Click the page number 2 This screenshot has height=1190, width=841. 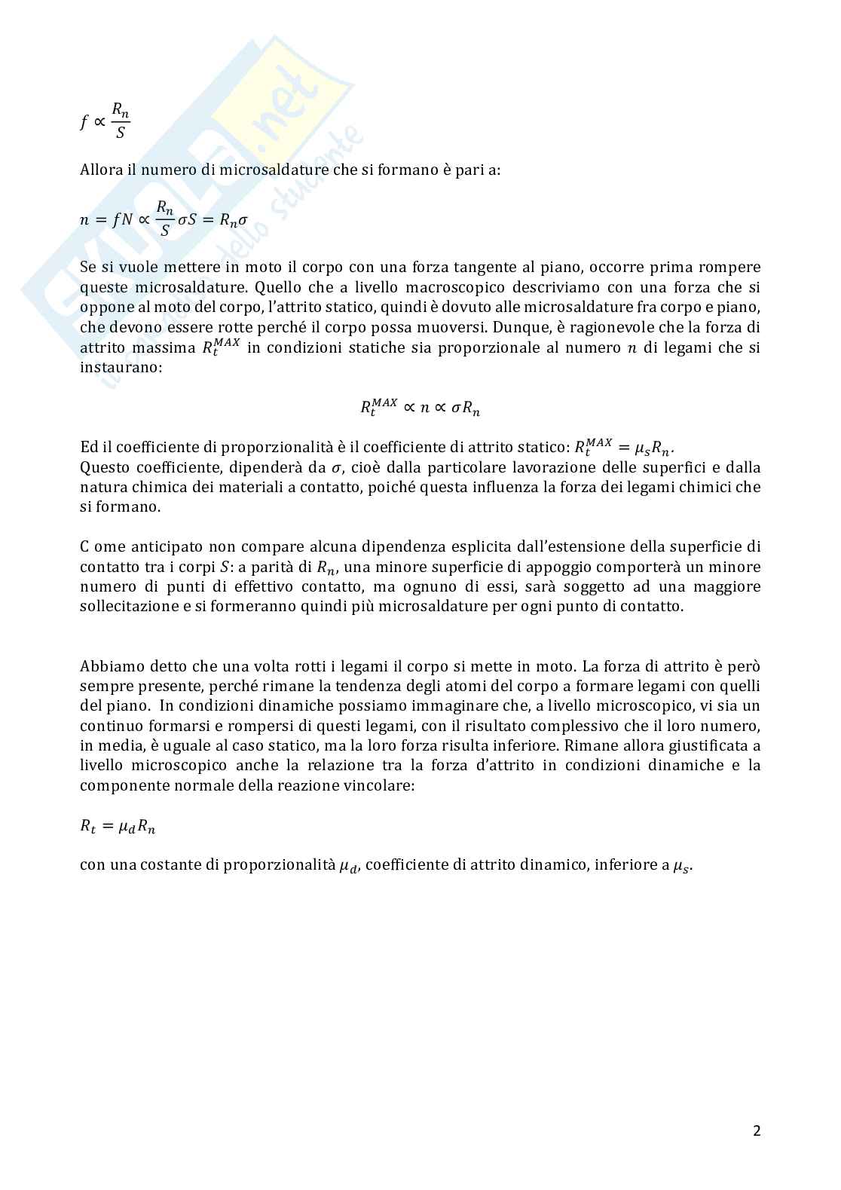[x=757, y=1130]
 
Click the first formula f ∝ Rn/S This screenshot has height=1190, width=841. [x=106, y=121]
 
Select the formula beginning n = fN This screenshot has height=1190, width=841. [x=164, y=219]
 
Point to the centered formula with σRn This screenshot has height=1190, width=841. [x=420, y=408]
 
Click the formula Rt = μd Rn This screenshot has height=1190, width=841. [x=118, y=826]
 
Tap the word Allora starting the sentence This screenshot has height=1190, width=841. [x=101, y=170]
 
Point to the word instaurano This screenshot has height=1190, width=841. [x=120, y=367]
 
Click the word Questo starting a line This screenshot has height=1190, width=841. [x=104, y=467]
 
